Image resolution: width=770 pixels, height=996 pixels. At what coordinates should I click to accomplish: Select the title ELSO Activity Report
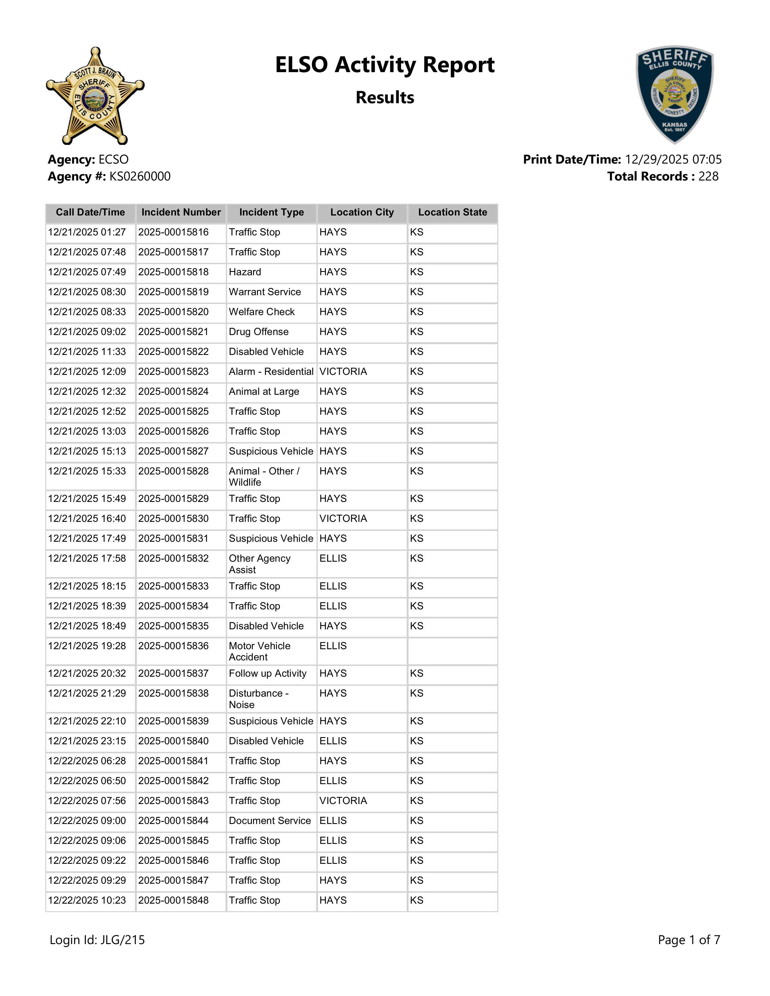click(x=384, y=65)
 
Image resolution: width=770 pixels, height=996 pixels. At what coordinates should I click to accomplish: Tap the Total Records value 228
click(x=708, y=177)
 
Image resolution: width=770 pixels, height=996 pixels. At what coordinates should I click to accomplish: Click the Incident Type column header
click(x=271, y=212)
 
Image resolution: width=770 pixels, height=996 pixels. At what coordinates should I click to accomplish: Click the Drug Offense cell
click(x=259, y=332)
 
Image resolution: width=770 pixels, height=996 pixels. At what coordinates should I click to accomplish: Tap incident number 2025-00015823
click(x=173, y=372)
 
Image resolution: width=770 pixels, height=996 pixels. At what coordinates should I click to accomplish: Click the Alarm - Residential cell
click(x=271, y=372)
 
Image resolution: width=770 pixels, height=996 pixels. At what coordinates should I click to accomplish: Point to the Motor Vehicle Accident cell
click(x=260, y=651)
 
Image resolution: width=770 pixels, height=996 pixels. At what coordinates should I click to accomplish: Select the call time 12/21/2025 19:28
click(x=87, y=646)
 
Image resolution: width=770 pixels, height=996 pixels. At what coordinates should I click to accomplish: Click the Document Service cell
click(x=270, y=821)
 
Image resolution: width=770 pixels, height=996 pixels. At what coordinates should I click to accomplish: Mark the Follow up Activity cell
click(x=268, y=674)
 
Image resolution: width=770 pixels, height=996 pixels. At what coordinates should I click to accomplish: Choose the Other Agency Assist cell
click(x=260, y=564)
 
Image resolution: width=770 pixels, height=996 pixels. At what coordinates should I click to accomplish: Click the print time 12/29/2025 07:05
click(x=673, y=160)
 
